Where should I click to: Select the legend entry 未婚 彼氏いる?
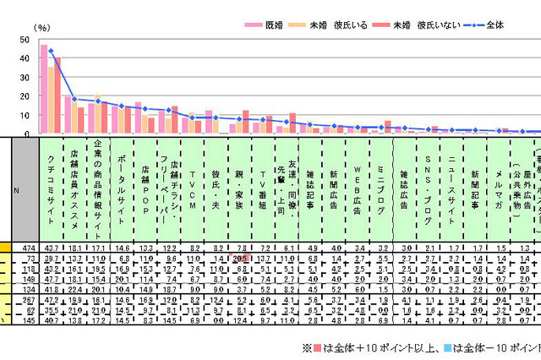337,26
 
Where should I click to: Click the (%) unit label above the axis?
42,28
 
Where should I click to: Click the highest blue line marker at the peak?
51,51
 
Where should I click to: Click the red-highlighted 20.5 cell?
241,259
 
